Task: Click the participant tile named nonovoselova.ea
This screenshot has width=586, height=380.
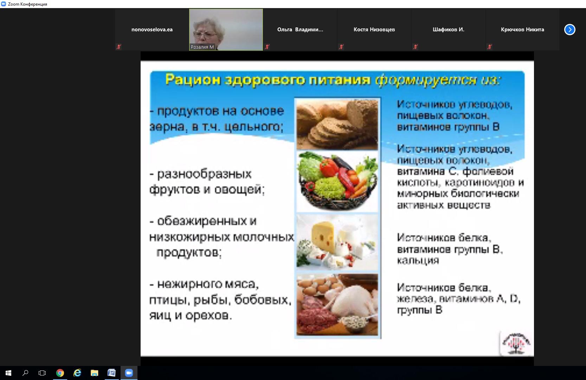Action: (x=152, y=30)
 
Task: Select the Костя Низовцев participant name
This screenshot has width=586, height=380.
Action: (x=374, y=30)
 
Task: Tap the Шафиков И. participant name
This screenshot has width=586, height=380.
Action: (x=449, y=30)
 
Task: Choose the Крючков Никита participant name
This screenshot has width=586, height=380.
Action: (x=522, y=30)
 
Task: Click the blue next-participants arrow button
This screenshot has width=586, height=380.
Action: (x=569, y=29)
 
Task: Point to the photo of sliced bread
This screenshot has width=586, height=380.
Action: (x=337, y=125)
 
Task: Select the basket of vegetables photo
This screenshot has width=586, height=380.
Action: (x=337, y=181)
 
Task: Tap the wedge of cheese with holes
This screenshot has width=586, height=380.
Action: (x=323, y=237)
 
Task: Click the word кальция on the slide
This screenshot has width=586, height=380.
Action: (x=418, y=261)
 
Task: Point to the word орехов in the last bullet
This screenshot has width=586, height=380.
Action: (x=208, y=316)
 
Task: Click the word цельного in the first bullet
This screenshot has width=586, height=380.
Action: (x=254, y=127)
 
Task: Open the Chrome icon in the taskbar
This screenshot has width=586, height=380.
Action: (x=60, y=373)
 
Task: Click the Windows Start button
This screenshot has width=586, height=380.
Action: (x=8, y=373)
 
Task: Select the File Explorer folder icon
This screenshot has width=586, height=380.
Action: (x=95, y=373)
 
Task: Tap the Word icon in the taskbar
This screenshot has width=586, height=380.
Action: (x=111, y=373)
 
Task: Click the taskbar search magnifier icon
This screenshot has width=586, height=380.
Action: (x=25, y=373)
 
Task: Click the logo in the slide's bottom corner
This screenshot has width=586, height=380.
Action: (x=516, y=343)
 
